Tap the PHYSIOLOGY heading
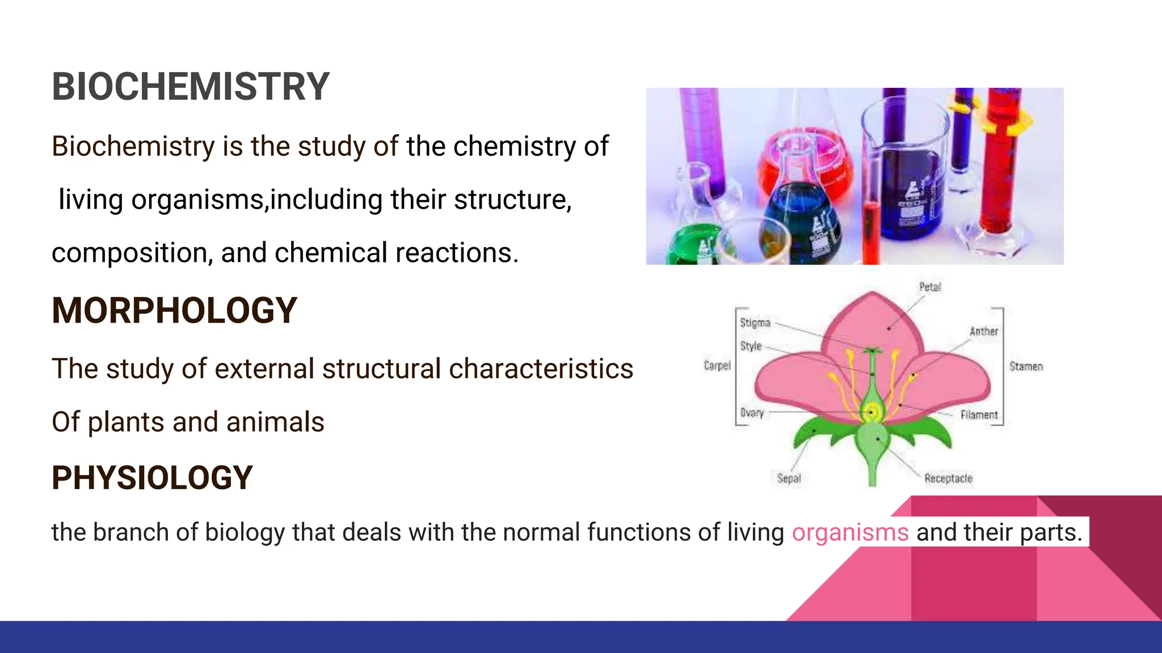pyautogui.click(x=152, y=478)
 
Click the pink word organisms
pyautogui.click(x=850, y=532)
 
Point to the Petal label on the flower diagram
pyautogui.click(x=930, y=287)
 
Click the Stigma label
pyautogui.click(x=755, y=323)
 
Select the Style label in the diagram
pyautogui.click(x=751, y=346)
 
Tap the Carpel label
pyautogui.click(x=717, y=366)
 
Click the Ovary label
pyautogui.click(x=752, y=413)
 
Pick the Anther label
pyautogui.click(x=983, y=331)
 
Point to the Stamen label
pyautogui.click(x=1026, y=366)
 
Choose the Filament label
pyautogui.click(x=979, y=415)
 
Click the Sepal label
pyautogui.click(x=789, y=478)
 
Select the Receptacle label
pyautogui.click(x=948, y=478)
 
